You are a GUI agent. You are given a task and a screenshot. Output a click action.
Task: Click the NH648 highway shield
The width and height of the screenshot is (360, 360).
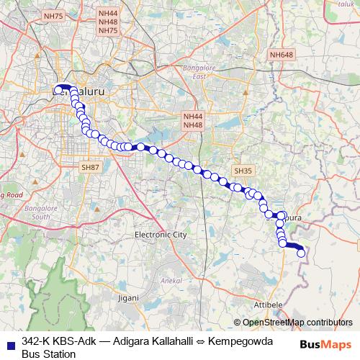[281, 55]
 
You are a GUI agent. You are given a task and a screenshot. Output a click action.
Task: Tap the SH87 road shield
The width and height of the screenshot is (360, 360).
[90, 167]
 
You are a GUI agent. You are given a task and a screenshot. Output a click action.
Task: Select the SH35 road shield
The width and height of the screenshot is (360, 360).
[243, 171]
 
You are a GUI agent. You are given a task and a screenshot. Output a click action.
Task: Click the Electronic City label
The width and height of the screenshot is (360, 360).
[161, 235]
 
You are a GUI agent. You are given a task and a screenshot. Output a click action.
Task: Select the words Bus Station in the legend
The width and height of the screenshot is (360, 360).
[48, 354]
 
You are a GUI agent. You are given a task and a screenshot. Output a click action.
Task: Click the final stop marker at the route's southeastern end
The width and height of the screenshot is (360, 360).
[301, 253]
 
